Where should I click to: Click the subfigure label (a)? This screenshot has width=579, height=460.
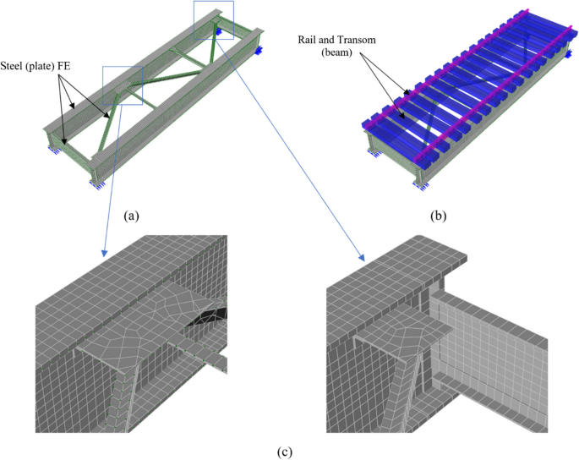[x=130, y=216]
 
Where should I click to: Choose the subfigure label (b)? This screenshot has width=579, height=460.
[x=438, y=216]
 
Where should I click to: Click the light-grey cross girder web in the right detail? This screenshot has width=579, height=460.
[x=490, y=338]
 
